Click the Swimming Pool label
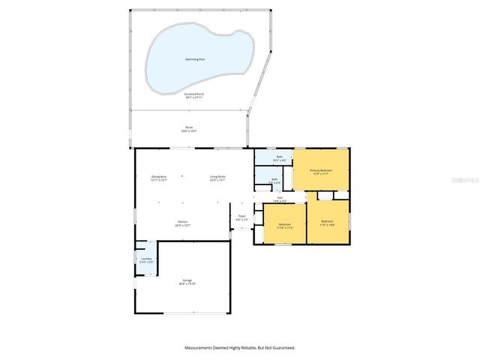(197, 59)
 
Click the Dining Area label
(159, 176)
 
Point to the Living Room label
(217, 176)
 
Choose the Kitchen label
(181, 221)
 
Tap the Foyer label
(241, 216)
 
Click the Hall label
(279, 197)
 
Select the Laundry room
(146, 259)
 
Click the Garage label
(187, 280)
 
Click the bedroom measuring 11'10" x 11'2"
(285, 224)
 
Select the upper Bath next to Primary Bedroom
(279, 157)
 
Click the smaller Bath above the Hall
(274, 179)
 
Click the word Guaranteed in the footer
(283, 347)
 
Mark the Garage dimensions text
(187, 284)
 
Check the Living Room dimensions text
(217, 180)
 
